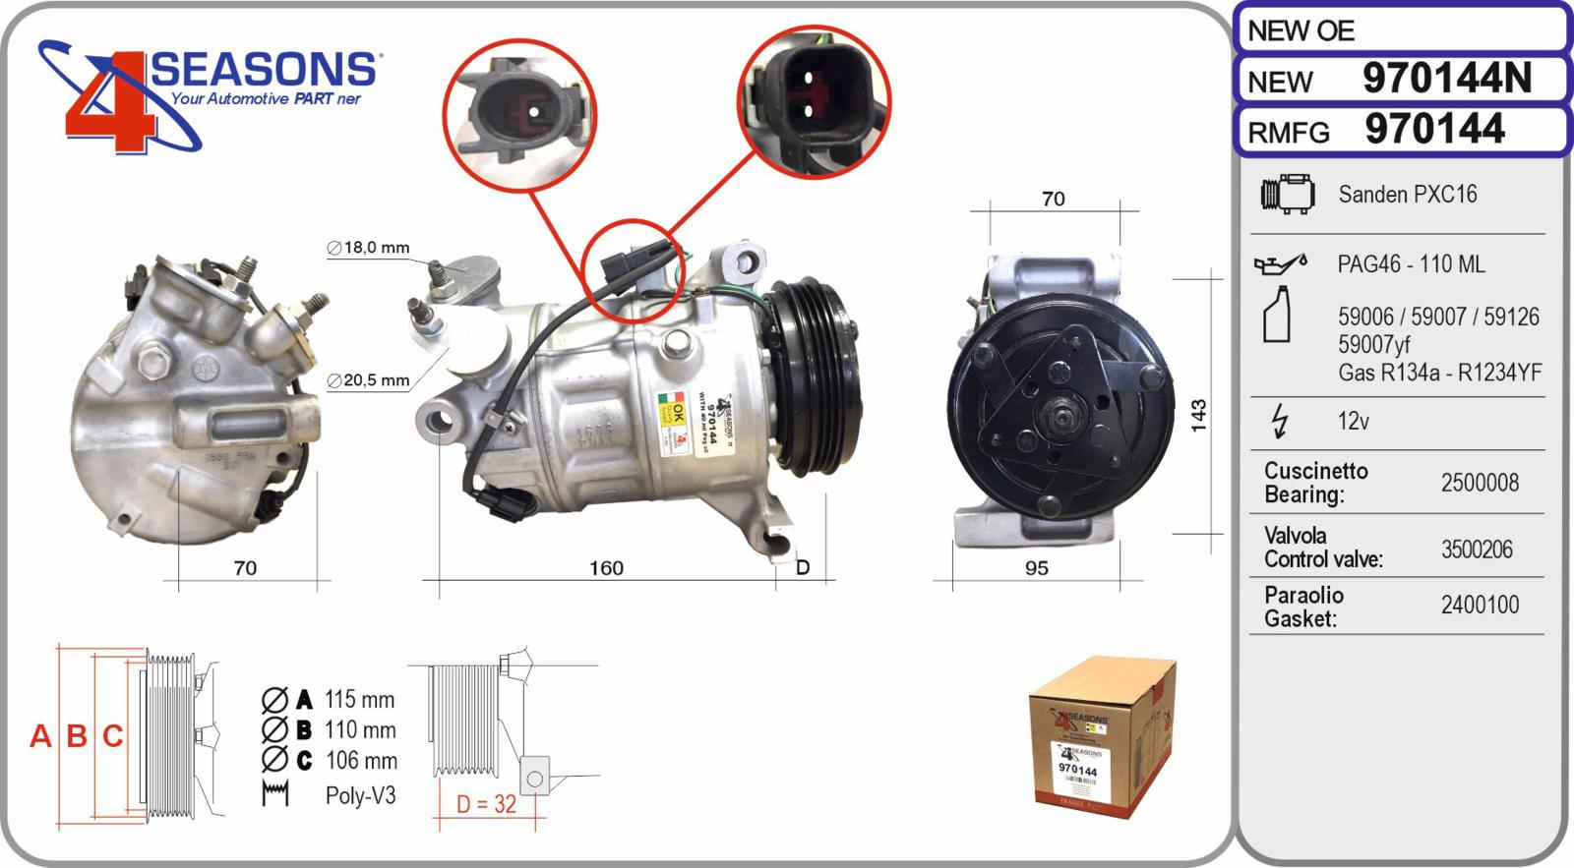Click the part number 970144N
point(1446,79)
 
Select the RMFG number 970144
point(1434,130)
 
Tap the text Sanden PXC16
point(1407,195)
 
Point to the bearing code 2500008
point(1480,483)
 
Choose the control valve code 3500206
point(1477,550)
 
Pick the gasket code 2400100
point(1480,605)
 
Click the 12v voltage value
point(1353,422)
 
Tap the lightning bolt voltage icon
point(1279,421)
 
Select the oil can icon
point(1280,264)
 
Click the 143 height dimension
point(1198,416)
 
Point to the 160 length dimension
point(606,568)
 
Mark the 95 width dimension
point(1036,568)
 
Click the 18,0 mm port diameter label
point(369,248)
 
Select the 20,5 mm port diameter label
point(369,380)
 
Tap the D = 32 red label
point(486,804)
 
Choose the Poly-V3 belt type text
point(360,795)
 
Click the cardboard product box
point(1102,737)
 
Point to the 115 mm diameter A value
point(359,700)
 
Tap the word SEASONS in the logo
point(264,70)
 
